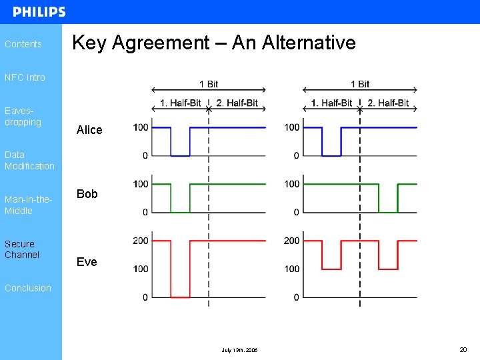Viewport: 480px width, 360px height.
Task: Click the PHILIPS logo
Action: pyautogui.click(x=39, y=12)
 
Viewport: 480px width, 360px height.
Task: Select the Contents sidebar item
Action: pyautogui.click(x=23, y=44)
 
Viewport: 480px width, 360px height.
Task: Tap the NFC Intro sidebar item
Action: pyautogui.click(x=25, y=77)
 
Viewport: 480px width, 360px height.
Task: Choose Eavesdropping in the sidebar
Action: pyautogui.click(x=23, y=117)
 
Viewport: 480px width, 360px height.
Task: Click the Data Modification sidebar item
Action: pyautogui.click(x=29, y=160)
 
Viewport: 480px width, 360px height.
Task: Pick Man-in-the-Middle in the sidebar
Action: pyautogui.click(x=28, y=205)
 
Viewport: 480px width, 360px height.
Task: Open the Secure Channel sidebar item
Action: pyautogui.click(x=22, y=249)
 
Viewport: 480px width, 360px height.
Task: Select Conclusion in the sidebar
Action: pyautogui.click(x=28, y=288)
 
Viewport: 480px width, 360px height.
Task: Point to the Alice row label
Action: pyautogui.click(x=89, y=130)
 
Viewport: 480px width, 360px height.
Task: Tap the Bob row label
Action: pyautogui.click(x=87, y=194)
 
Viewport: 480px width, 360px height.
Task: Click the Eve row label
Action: pyautogui.click(x=87, y=262)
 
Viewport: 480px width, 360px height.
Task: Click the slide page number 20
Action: pyautogui.click(x=463, y=349)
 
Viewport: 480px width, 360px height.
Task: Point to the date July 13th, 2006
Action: pyautogui.click(x=240, y=350)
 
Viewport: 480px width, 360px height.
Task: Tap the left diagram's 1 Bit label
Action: pyautogui.click(x=209, y=84)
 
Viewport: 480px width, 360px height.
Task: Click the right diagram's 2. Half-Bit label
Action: pyautogui.click(x=389, y=103)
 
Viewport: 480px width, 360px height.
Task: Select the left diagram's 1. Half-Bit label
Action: pyautogui.click(x=180, y=103)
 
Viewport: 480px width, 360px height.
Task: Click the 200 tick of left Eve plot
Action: pyautogui.click(x=141, y=241)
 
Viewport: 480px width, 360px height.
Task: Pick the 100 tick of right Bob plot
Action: pyautogui.click(x=292, y=184)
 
